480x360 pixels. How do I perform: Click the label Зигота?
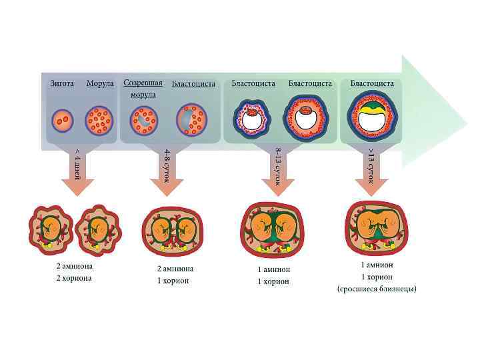62,83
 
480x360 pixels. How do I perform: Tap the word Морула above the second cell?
100,83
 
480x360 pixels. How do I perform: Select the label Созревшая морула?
143,88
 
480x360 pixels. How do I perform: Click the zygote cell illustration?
62,121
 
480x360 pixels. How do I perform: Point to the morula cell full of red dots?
99,121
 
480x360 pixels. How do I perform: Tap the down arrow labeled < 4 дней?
78,172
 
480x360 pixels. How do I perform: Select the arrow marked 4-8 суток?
167,172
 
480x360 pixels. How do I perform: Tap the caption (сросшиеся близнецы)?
377,289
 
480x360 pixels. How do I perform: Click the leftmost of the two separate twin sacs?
51,229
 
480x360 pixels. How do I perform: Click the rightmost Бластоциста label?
372,83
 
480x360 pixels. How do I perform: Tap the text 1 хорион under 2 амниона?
173,281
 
